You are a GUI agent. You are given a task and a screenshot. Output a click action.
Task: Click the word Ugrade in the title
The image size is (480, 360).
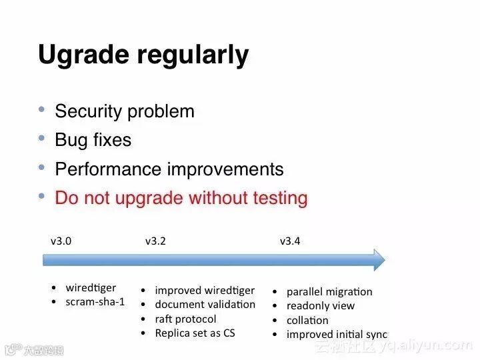[x=83, y=55]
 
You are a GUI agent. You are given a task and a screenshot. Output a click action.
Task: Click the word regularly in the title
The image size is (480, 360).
[x=193, y=55]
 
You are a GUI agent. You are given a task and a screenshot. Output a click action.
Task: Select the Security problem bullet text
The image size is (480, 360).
[x=125, y=111]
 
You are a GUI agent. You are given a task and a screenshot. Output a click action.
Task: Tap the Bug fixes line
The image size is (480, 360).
[x=93, y=140]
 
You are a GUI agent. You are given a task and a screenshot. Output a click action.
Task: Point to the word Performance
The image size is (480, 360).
[x=108, y=169]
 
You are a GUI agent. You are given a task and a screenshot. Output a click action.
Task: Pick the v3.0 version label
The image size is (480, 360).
[x=61, y=241]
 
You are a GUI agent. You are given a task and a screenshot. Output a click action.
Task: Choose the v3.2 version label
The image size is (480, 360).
[x=155, y=241]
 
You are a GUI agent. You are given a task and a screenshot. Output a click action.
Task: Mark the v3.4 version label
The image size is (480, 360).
[x=290, y=241]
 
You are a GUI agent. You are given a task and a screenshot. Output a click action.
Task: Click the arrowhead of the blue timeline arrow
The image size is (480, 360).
[x=379, y=260]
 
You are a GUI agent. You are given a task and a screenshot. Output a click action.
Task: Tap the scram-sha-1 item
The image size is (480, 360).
[x=95, y=302]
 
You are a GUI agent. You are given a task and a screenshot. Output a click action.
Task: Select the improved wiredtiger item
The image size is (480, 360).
[x=205, y=291]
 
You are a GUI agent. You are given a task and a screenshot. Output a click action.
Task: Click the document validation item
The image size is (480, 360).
[x=205, y=305]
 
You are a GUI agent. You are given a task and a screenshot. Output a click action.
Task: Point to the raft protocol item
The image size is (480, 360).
[x=185, y=319]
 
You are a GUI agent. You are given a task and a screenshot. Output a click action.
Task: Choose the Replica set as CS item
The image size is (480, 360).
[x=195, y=333]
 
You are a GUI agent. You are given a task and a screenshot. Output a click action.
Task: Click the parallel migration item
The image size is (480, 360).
[x=329, y=292]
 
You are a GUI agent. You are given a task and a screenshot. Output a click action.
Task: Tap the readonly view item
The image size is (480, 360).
[x=321, y=306]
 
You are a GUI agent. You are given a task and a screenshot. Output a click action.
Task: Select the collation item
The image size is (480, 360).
[x=307, y=320]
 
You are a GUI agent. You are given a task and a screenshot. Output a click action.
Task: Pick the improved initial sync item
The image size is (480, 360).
[x=337, y=334]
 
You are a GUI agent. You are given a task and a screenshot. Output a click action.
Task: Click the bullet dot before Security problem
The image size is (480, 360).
[x=41, y=109]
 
